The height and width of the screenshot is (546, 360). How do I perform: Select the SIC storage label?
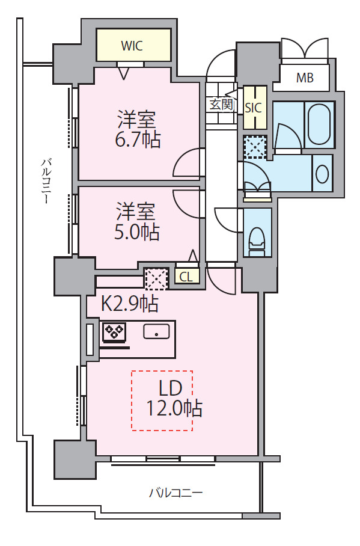[254, 107]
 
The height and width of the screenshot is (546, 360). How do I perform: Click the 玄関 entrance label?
[221, 104]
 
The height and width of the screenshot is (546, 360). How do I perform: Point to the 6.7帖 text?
[137, 140]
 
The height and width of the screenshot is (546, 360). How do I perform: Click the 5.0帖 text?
[137, 232]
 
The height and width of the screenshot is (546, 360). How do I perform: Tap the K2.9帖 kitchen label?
[129, 304]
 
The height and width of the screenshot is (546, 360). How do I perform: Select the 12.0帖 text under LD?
[174, 409]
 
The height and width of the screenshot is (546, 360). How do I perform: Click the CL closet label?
[186, 277]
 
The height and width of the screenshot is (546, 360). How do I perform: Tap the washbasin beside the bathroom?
[322, 174]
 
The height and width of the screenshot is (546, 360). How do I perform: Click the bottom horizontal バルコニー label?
[175, 494]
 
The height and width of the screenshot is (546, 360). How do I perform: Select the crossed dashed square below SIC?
[254, 146]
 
